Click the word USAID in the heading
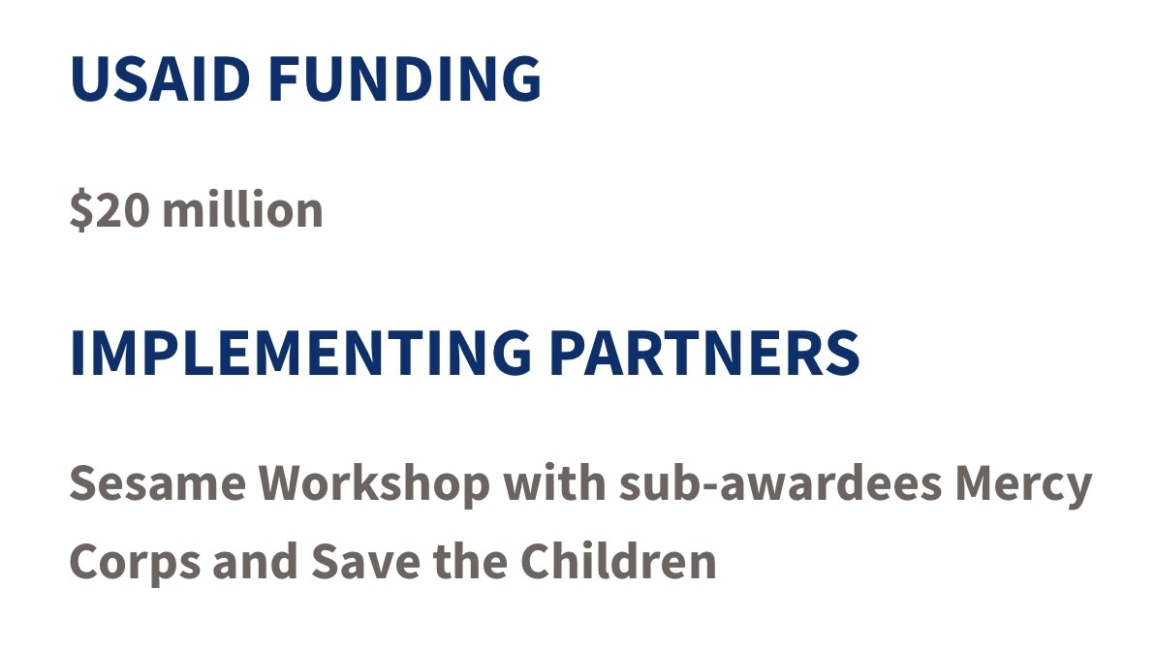[x=160, y=78]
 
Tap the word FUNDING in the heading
[x=405, y=78]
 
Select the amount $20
[x=109, y=210]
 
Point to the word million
[x=242, y=209]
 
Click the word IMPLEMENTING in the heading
[x=300, y=354]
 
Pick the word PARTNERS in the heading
[x=704, y=354]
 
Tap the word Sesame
[x=158, y=483]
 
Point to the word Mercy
[x=1023, y=486]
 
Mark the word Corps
[x=135, y=563]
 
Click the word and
[x=255, y=561]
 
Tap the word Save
[x=365, y=562]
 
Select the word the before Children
[x=470, y=561]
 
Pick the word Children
[x=618, y=561]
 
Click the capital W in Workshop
[x=289, y=483]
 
